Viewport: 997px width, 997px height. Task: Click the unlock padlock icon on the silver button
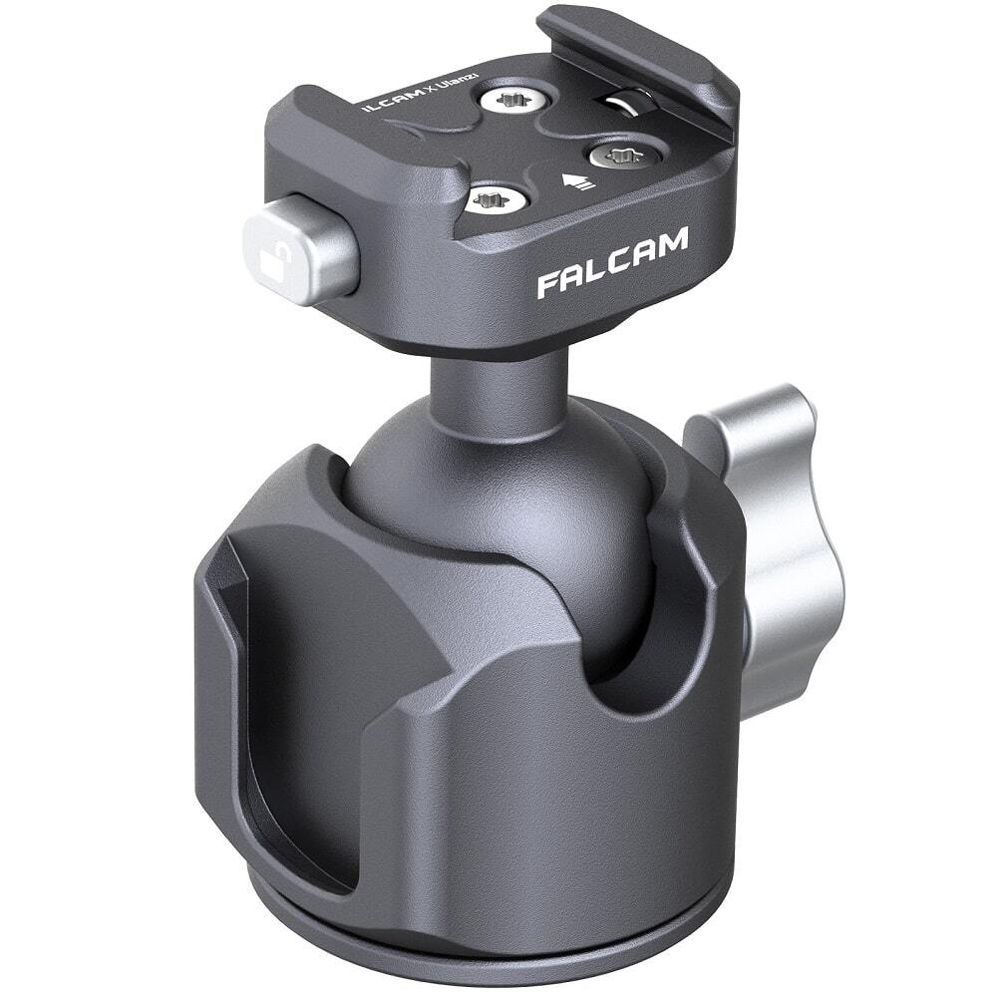(x=272, y=260)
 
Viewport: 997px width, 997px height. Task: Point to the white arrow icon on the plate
(x=576, y=181)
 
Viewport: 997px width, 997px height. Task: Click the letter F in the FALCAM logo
(x=548, y=284)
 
